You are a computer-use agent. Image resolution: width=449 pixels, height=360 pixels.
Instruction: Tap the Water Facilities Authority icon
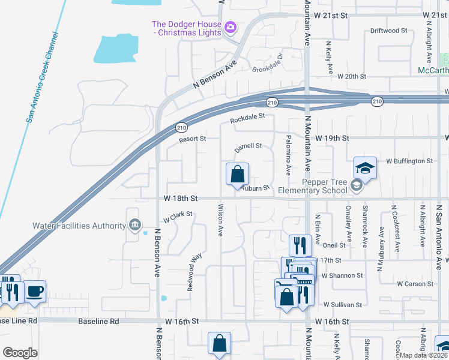point(134,226)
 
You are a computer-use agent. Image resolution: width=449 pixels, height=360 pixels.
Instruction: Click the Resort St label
point(192,139)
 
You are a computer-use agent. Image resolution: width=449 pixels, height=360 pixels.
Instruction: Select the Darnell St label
point(248,146)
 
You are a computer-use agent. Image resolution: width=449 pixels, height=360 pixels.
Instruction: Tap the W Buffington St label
point(409,161)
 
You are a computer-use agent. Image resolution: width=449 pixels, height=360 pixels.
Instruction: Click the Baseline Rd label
point(98,322)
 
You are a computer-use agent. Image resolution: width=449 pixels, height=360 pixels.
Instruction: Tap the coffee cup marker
point(35,292)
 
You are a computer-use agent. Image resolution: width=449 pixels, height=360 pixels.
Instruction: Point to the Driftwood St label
point(388,30)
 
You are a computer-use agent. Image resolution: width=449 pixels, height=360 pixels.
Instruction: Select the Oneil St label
point(334,245)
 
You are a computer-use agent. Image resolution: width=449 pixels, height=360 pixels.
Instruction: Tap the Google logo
point(20,353)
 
